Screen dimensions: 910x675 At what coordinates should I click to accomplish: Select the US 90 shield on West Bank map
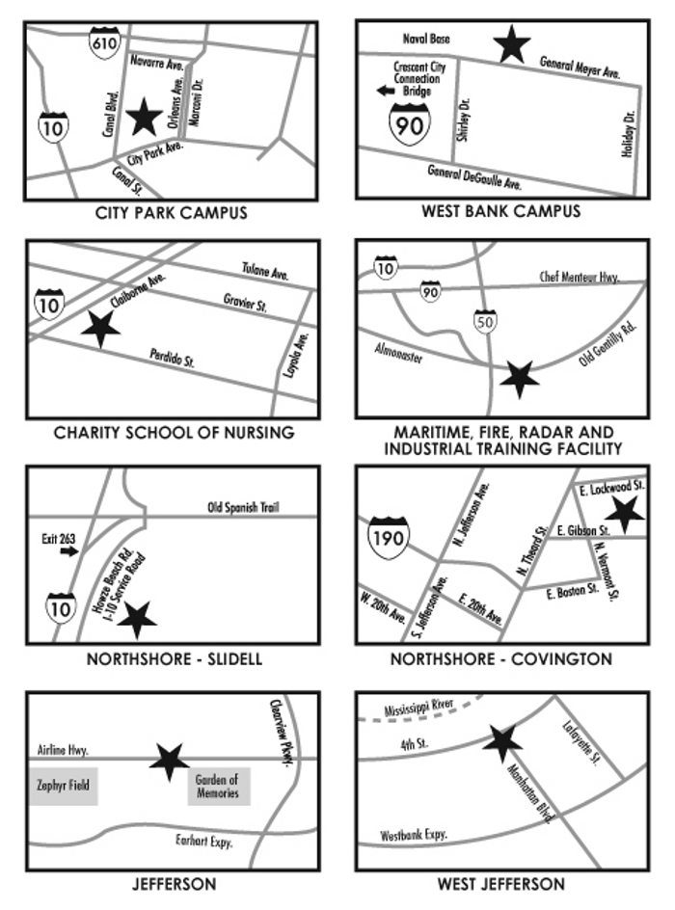[405, 123]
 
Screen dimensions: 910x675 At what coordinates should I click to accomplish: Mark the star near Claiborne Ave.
[101, 329]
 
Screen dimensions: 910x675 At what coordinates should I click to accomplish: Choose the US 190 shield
[389, 536]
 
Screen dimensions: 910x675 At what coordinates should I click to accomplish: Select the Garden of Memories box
[219, 786]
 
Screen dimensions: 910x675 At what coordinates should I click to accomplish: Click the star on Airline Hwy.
[170, 761]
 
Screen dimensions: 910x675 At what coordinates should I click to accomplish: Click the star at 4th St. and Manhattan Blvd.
[502, 741]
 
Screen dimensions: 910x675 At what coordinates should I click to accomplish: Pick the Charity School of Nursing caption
[174, 433]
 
